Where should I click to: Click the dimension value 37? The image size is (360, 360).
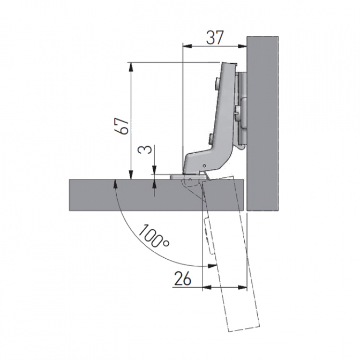pyautogui.click(x=215, y=37)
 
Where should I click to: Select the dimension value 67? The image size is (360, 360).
pyautogui.click(x=122, y=126)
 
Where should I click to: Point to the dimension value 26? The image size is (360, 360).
pyautogui.click(x=183, y=278)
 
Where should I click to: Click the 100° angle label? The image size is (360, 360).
pyautogui.click(x=154, y=236)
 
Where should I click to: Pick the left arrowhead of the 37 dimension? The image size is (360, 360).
pyautogui.click(x=187, y=46)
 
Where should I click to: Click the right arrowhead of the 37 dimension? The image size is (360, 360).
pyautogui.click(x=242, y=46)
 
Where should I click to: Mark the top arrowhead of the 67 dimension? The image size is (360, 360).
pyautogui.click(x=131, y=67)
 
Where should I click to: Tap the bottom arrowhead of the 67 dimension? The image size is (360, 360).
pyautogui.click(x=131, y=175)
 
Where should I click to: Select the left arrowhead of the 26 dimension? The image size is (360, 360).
pyautogui.click(x=207, y=287)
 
